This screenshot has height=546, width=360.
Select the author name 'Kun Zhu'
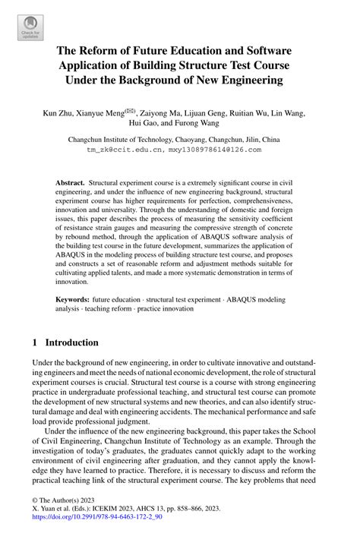click(x=58, y=112)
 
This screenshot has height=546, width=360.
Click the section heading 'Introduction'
click(x=71, y=342)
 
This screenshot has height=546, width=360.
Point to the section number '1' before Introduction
click(x=36, y=342)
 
